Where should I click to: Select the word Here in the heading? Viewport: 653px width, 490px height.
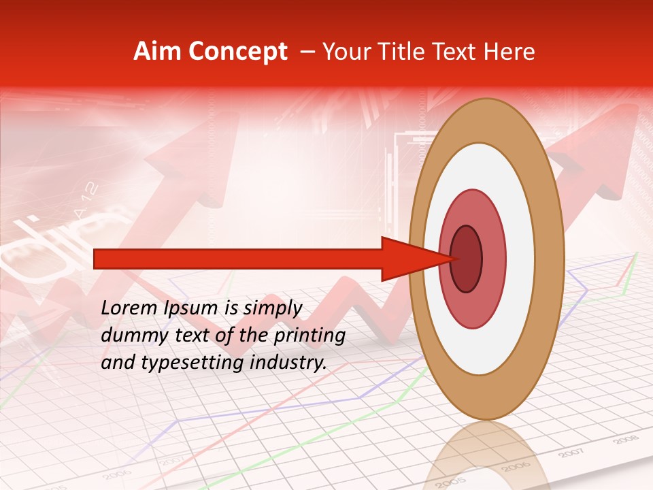click(509, 52)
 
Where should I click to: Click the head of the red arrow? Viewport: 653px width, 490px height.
click(408, 259)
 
